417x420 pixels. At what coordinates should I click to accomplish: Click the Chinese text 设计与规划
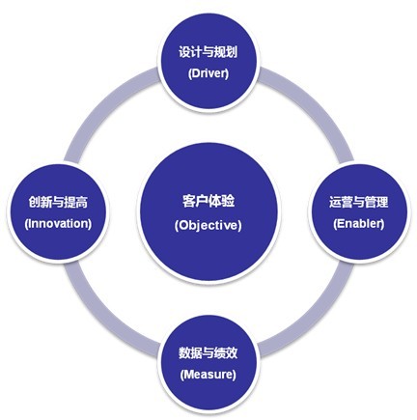208,52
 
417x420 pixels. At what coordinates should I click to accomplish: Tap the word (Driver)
208,73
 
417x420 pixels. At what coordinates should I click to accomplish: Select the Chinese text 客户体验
208,201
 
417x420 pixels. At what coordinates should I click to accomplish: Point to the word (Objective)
208,225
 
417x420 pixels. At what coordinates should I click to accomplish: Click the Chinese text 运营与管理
358,202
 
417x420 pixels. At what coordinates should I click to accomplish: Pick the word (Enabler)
359,223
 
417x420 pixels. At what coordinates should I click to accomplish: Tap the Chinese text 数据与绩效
208,352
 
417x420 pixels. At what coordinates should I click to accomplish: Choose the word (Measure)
208,375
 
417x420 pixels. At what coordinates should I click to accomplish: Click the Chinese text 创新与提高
58,202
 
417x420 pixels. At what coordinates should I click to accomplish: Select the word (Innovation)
58,223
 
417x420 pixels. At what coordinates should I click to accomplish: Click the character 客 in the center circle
188,201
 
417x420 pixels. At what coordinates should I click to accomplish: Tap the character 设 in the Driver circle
184,52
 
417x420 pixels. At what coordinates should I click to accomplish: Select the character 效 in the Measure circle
232,352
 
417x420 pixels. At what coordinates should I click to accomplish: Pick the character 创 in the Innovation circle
35,202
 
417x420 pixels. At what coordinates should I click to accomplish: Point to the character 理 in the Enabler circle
382,202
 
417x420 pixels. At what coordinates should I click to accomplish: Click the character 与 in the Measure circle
208,352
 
